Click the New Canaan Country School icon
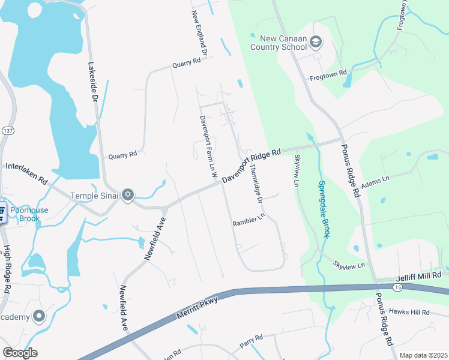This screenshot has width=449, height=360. (x=316, y=42)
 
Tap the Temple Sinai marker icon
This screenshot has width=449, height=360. (x=127, y=195)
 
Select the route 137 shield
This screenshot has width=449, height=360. (x=8, y=131)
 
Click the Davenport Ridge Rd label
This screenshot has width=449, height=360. (x=252, y=166)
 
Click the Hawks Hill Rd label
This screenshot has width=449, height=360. (x=409, y=312)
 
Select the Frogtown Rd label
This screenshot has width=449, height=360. (x=328, y=76)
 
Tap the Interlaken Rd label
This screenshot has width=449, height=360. (x=26, y=173)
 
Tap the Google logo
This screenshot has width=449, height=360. (x=20, y=353)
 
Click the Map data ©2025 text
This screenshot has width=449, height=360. (x=423, y=355)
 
